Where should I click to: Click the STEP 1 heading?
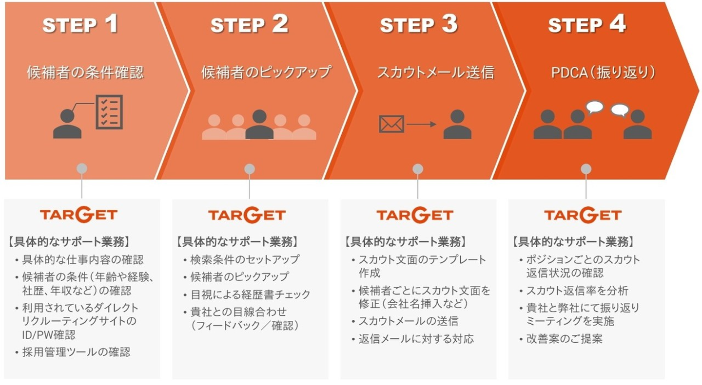(x=80, y=24)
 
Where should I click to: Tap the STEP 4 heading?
(x=586, y=24)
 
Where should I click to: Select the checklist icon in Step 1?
(x=109, y=112)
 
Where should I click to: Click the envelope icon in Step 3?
(x=391, y=124)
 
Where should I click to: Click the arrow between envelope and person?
(x=422, y=124)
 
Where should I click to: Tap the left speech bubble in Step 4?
(x=595, y=108)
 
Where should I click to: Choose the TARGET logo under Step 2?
(x=247, y=215)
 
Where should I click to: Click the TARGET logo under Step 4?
(x=583, y=215)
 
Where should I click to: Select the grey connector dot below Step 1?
(x=82, y=169)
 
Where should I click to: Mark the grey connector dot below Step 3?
(x=418, y=169)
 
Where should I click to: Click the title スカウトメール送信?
(x=436, y=73)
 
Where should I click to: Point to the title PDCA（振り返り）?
(x=604, y=73)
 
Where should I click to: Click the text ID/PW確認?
(x=49, y=335)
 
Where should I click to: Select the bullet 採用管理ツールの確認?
(x=73, y=352)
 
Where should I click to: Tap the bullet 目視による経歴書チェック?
(x=247, y=294)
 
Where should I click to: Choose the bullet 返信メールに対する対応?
(x=413, y=339)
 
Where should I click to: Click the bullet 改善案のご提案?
(x=561, y=339)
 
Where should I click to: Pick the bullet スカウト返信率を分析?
(x=574, y=291)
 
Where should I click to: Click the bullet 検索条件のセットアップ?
(x=242, y=259)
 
